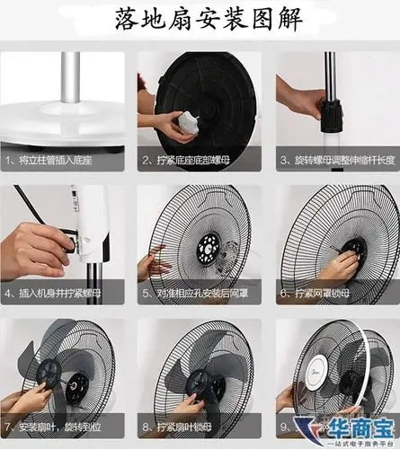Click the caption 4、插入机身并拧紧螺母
[67, 293]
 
